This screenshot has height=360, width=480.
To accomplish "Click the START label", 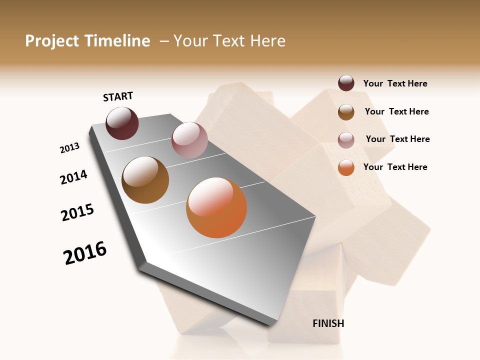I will coord(118,96).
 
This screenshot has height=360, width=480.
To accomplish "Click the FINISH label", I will coord(328,323).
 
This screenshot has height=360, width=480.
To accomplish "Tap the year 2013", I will coord(70,148).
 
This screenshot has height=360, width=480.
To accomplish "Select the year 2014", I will coord(74,177).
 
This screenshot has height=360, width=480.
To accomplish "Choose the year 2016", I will coord(85,253).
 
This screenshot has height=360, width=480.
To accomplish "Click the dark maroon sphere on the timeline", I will coord(122,123).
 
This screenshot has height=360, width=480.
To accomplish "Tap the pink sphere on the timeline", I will coord(189,139).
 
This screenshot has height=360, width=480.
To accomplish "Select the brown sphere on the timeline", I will coord(145,180).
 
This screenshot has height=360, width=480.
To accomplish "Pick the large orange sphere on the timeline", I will coord(216,207).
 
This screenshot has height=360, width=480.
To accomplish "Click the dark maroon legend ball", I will coord(346,83).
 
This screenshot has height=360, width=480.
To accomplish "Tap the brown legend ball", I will coord(346,112).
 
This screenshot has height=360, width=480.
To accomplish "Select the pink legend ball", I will coord(346,140).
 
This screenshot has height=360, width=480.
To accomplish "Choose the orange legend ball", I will coord(346,167).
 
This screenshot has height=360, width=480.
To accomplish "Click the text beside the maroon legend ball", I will coord(395,83).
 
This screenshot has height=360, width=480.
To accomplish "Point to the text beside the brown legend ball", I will coord(396,111).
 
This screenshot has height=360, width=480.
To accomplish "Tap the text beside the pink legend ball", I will coord(397,139).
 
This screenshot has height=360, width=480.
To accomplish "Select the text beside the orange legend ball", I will coord(395,167).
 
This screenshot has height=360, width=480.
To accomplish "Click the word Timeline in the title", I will coord(117,41).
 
